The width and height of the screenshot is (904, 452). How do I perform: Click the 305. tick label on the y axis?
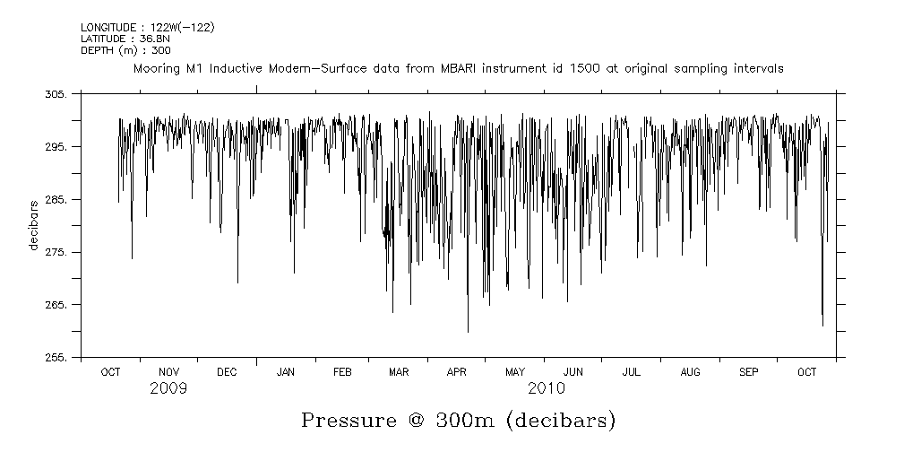56,94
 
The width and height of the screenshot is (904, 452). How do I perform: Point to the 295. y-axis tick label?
56,147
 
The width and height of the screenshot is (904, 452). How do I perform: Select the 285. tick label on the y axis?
56,200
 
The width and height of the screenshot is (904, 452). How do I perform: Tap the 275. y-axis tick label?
56,253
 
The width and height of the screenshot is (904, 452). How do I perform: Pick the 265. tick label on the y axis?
56,306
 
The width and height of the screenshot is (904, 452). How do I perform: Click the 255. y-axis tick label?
56,358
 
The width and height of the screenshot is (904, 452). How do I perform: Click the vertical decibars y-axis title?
34,225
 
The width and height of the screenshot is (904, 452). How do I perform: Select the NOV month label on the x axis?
168,372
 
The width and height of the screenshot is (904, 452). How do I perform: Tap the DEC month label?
227,372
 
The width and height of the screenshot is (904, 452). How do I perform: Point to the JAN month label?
285,372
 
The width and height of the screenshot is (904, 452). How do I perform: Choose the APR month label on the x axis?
456,372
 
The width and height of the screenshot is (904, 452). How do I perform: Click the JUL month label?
631,372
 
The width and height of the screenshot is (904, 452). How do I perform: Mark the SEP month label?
748,372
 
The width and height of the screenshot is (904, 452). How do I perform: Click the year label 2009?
168,389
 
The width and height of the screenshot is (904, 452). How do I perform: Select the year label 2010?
546,389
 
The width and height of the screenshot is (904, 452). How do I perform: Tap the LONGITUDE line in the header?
147,28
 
